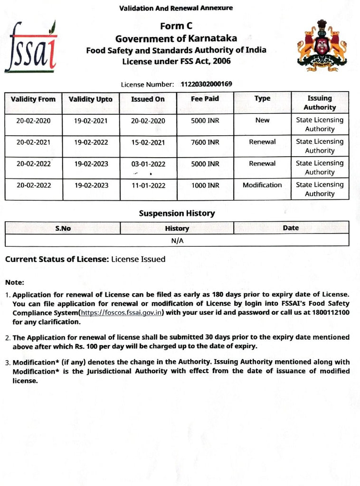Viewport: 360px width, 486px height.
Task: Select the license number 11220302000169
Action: [207, 84]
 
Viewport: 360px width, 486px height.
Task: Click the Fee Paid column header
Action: [205, 99]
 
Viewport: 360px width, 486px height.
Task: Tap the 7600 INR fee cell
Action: [205, 142]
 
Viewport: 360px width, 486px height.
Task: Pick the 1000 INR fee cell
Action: [205, 185]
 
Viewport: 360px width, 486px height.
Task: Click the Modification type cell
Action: [262, 185]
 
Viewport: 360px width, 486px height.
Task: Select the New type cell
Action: [262, 121]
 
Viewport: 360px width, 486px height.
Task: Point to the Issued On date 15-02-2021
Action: [148, 142]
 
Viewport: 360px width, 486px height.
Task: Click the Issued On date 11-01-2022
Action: [148, 185]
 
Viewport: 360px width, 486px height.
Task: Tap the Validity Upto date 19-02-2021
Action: [91, 121]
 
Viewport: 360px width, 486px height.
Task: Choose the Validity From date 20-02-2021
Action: [33, 142]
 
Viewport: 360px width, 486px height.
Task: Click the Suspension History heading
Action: [177, 214]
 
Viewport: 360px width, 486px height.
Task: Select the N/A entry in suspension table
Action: [177, 241]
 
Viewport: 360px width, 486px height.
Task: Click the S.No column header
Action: [63, 228]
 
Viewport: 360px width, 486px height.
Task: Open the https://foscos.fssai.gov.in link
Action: [123, 312]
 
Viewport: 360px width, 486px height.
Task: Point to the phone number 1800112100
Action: [331, 312]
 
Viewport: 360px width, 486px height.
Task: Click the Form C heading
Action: [176, 27]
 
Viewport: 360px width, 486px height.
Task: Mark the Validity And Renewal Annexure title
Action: [176, 8]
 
